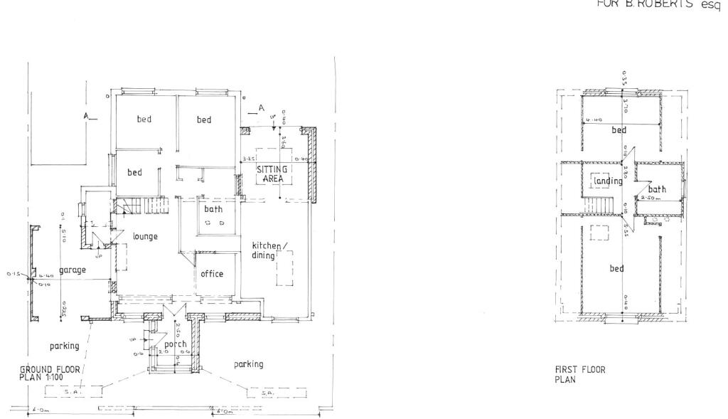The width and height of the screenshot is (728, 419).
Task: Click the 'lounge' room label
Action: coord(144,236)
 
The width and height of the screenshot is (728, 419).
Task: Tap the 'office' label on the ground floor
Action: coord(212,274)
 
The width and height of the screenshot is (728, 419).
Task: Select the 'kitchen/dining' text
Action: coord(270,250)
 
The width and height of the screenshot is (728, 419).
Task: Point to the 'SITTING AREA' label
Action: coord(272,174)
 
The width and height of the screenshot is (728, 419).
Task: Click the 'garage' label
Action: coord(73,271)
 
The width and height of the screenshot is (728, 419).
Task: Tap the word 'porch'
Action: coord(176,344)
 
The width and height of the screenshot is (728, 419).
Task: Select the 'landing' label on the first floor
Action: coord(608,181)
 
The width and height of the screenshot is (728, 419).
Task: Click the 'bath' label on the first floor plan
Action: coord(657,190)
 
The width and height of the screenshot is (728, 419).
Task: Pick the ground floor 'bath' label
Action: coord(214,210)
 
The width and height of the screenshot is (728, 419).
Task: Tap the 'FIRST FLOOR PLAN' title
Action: coord(579,374)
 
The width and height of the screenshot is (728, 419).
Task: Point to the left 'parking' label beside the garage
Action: coord(64,346)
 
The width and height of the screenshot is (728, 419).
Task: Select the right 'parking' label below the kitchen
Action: coord(249,364)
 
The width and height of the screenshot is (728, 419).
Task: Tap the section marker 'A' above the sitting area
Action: coord(261,108)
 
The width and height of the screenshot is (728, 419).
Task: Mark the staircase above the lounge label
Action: coord(146,206)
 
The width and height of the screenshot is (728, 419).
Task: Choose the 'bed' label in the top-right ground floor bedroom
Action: coord(204,120)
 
